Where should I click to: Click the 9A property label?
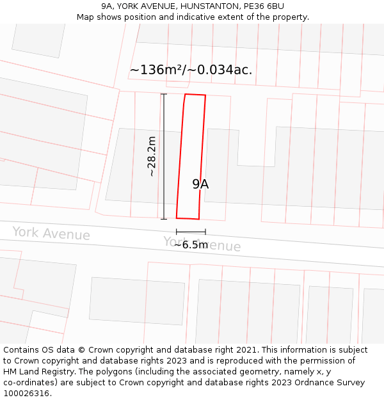point(200,184)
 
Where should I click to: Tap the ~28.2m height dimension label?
point(152,156)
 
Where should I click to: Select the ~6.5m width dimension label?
point(191,244)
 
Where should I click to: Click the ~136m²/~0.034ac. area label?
point(191,70)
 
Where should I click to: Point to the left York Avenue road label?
point(51,234)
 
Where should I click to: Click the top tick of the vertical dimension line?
point(164,95)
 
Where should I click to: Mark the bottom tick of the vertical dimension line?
point(164,219)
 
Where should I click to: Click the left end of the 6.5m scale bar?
point(177,232)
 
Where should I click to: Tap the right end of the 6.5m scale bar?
point(205,232)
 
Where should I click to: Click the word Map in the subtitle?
point(86,17)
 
